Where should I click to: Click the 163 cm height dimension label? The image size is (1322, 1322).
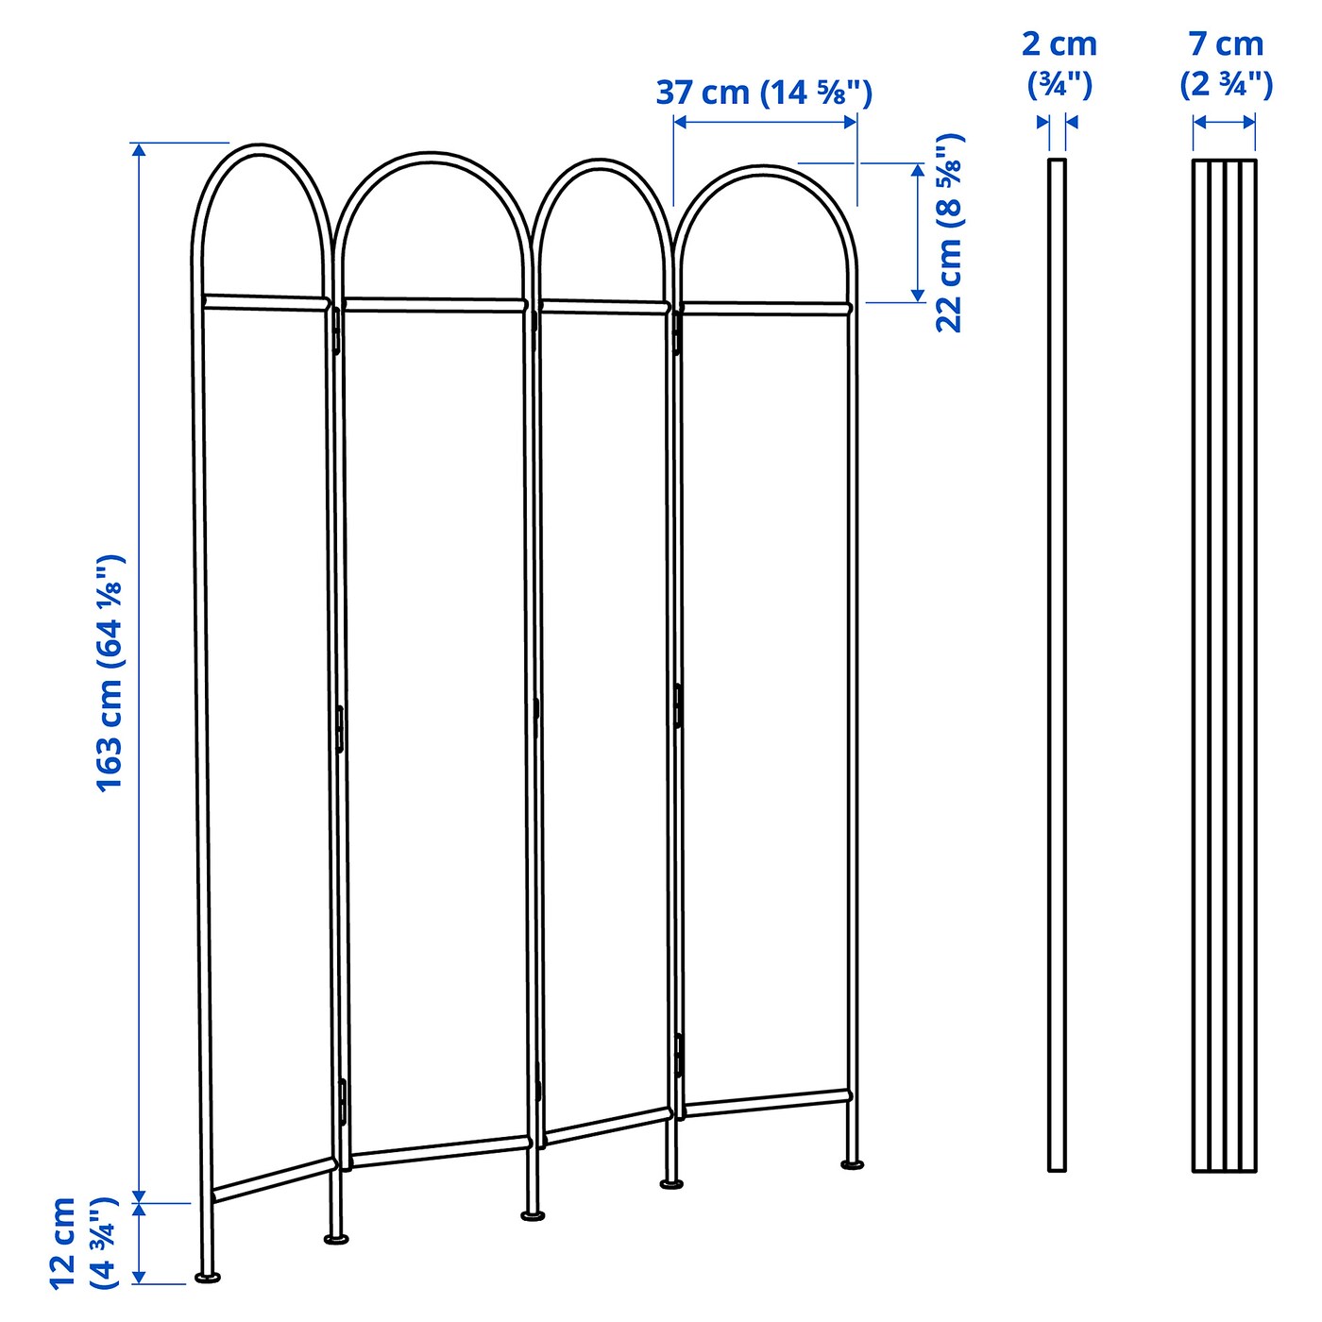[110, 672]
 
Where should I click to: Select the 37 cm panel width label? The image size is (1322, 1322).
[764, 93]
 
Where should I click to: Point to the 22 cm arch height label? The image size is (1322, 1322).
[949, 232]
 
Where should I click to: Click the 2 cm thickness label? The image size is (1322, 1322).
[1059, 63]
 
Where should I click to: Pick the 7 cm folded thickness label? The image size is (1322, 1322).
[1226, 63]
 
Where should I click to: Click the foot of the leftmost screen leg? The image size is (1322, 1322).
[208, 1277]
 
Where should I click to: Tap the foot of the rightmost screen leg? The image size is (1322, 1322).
[853, 1164]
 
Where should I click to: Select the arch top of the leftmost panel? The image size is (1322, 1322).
[261, 149]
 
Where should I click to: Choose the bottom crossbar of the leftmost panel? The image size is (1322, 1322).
[274, 1180]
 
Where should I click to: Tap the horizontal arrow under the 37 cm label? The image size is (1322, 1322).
[765, 122]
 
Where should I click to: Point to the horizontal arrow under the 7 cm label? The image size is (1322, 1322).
[1224, 122]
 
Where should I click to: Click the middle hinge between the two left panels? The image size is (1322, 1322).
[339, 728]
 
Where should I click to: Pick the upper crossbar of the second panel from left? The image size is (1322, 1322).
[433, 304]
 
